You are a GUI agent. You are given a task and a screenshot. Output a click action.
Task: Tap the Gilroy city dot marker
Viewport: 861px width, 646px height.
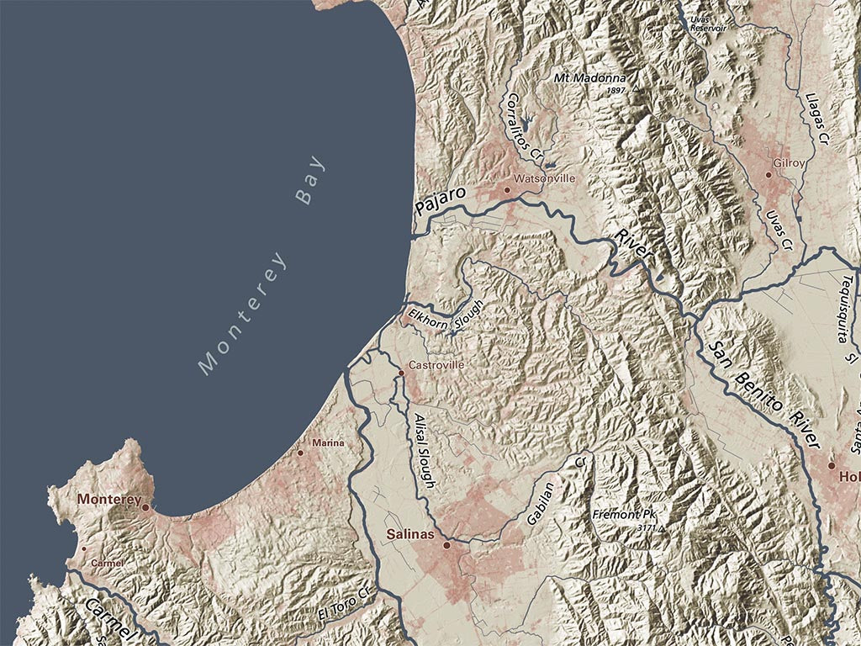pyautogui.click(x=769, y=175)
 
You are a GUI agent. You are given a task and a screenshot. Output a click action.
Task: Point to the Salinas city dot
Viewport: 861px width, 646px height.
pyautogui.click(x=447, y=545)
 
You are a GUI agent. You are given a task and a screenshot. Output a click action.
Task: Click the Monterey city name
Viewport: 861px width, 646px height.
pyautogui.click(x=108, y=499)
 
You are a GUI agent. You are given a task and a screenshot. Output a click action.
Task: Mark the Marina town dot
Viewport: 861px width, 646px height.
pyautogui.click(x=300, y=453)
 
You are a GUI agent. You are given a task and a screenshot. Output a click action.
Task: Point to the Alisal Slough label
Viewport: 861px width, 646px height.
pyautogui.click(x=424, y=451)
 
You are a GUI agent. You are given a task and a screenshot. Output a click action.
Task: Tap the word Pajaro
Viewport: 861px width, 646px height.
pyautogui.click(x=441, y=204)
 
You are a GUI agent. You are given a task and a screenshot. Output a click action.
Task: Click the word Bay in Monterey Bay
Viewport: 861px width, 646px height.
pyautogui.click(x=309, y=181)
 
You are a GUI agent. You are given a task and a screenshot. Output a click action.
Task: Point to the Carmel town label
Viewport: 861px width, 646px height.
pyautogui.click(x=108, y=563)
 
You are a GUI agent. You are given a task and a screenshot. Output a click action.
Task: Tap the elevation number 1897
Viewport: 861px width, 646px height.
pyautogui.click(x=616, y=90)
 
